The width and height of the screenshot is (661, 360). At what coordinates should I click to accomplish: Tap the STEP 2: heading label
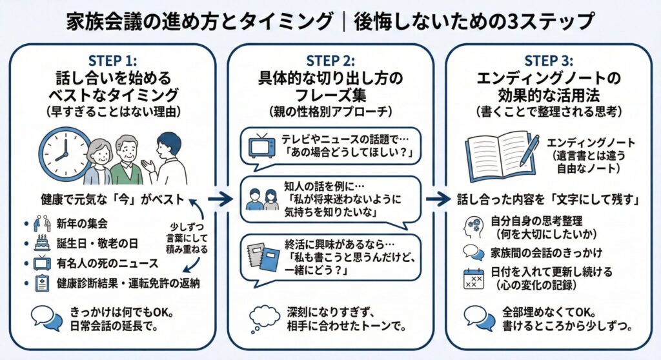click(x=330, y=61)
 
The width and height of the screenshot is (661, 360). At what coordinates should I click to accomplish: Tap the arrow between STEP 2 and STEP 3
click(x=439, y=199)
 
